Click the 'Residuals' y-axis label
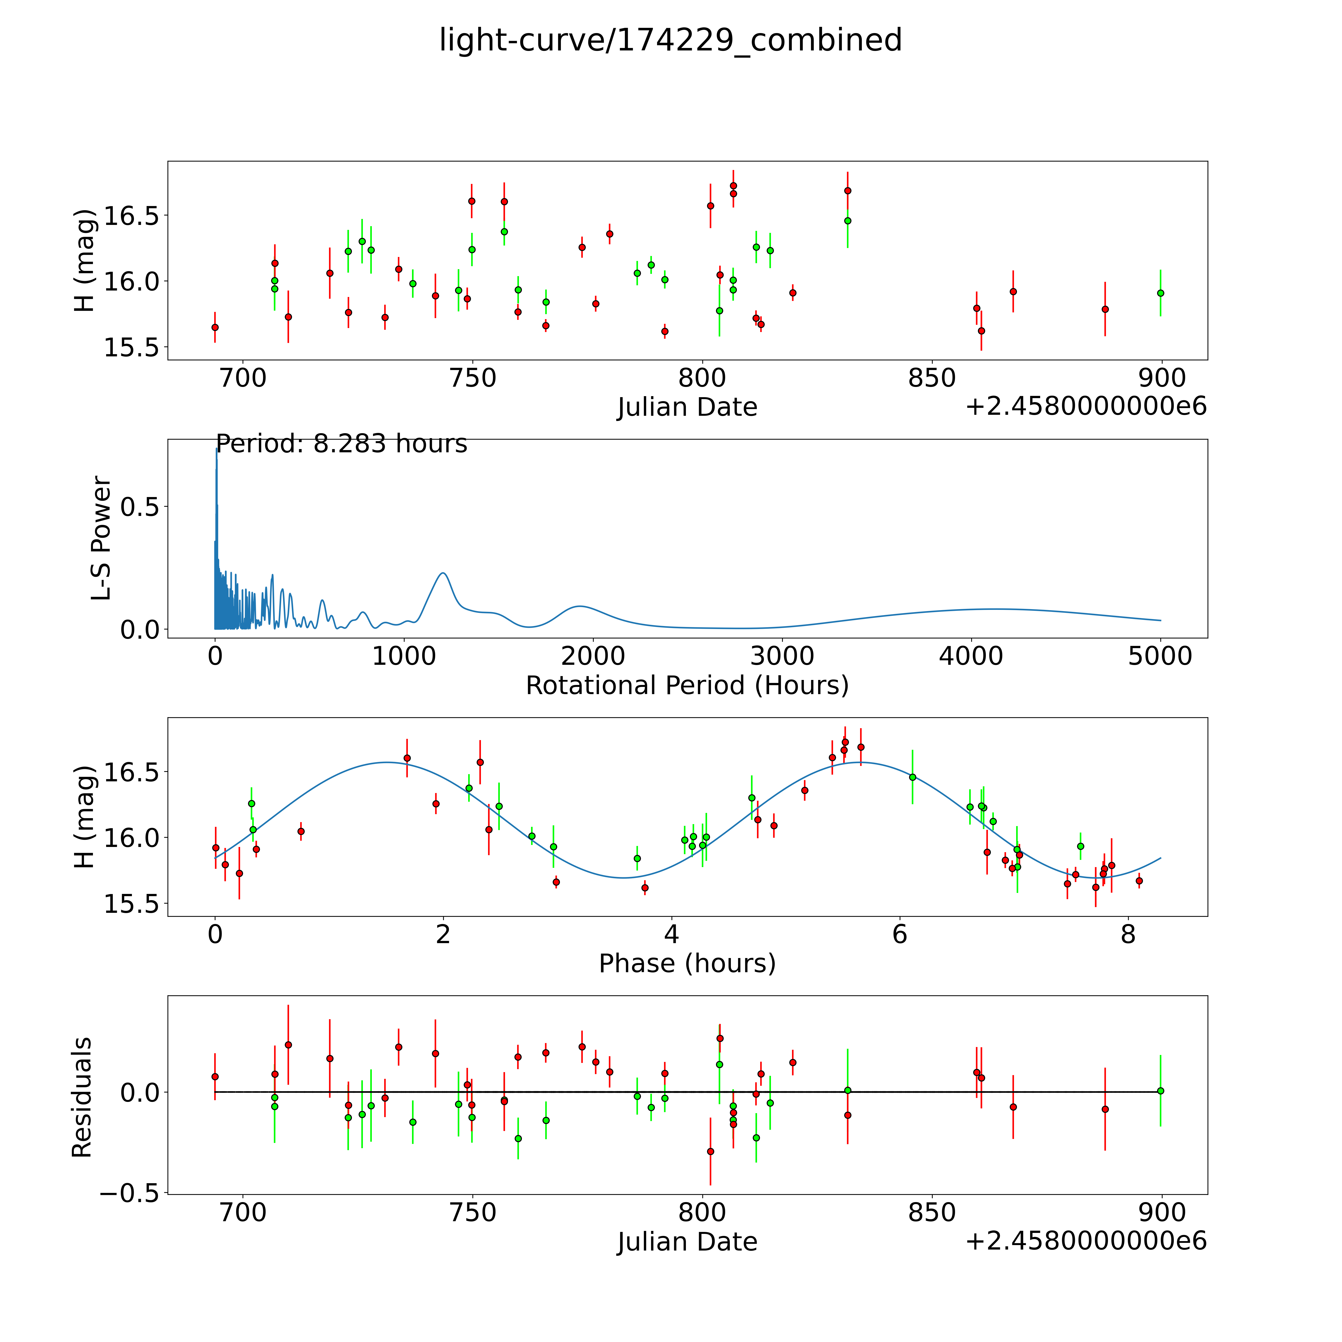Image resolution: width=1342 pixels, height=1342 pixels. point(82,1097)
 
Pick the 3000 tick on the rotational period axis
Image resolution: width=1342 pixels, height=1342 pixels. point(782,656)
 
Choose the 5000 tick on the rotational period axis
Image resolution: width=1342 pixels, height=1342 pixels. point(1160,656)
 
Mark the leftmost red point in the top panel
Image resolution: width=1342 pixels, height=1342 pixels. point(215,327)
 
